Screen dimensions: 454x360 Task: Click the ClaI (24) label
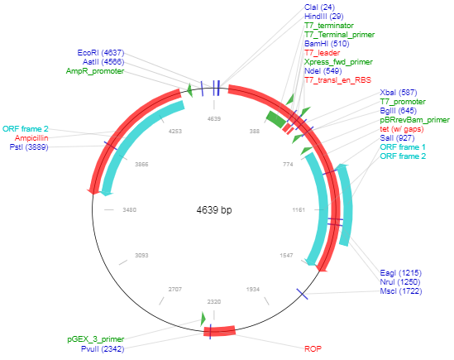coord(319,7)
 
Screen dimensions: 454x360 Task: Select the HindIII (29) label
coord(323,17)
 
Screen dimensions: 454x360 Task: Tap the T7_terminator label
coord(329,26)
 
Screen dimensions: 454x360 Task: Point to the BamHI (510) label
coord(327,44)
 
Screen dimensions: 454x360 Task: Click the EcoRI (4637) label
coord(101,53)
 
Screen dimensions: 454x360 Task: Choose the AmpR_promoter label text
coord(95,71)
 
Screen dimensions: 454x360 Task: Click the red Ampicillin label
coord(31,138)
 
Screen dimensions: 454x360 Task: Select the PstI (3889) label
coord(29,147)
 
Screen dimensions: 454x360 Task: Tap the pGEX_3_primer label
coord(96,339)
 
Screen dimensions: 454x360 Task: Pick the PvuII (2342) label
coord(103,348)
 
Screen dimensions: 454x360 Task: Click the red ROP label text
coord(313,348)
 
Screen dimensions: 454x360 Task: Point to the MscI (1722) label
coord(401,291)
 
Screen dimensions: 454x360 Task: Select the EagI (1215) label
coord(401,273)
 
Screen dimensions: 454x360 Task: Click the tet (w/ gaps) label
coord(402,129)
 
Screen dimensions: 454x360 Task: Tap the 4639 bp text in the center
coord(214,209)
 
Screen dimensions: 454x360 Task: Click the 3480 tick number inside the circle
coord(130,209)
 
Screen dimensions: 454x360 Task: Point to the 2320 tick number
coord(214,302)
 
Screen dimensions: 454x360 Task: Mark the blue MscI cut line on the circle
coord(303,294)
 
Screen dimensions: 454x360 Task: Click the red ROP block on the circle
coord(219,331)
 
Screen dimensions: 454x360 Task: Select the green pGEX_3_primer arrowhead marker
coord(203,319)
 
